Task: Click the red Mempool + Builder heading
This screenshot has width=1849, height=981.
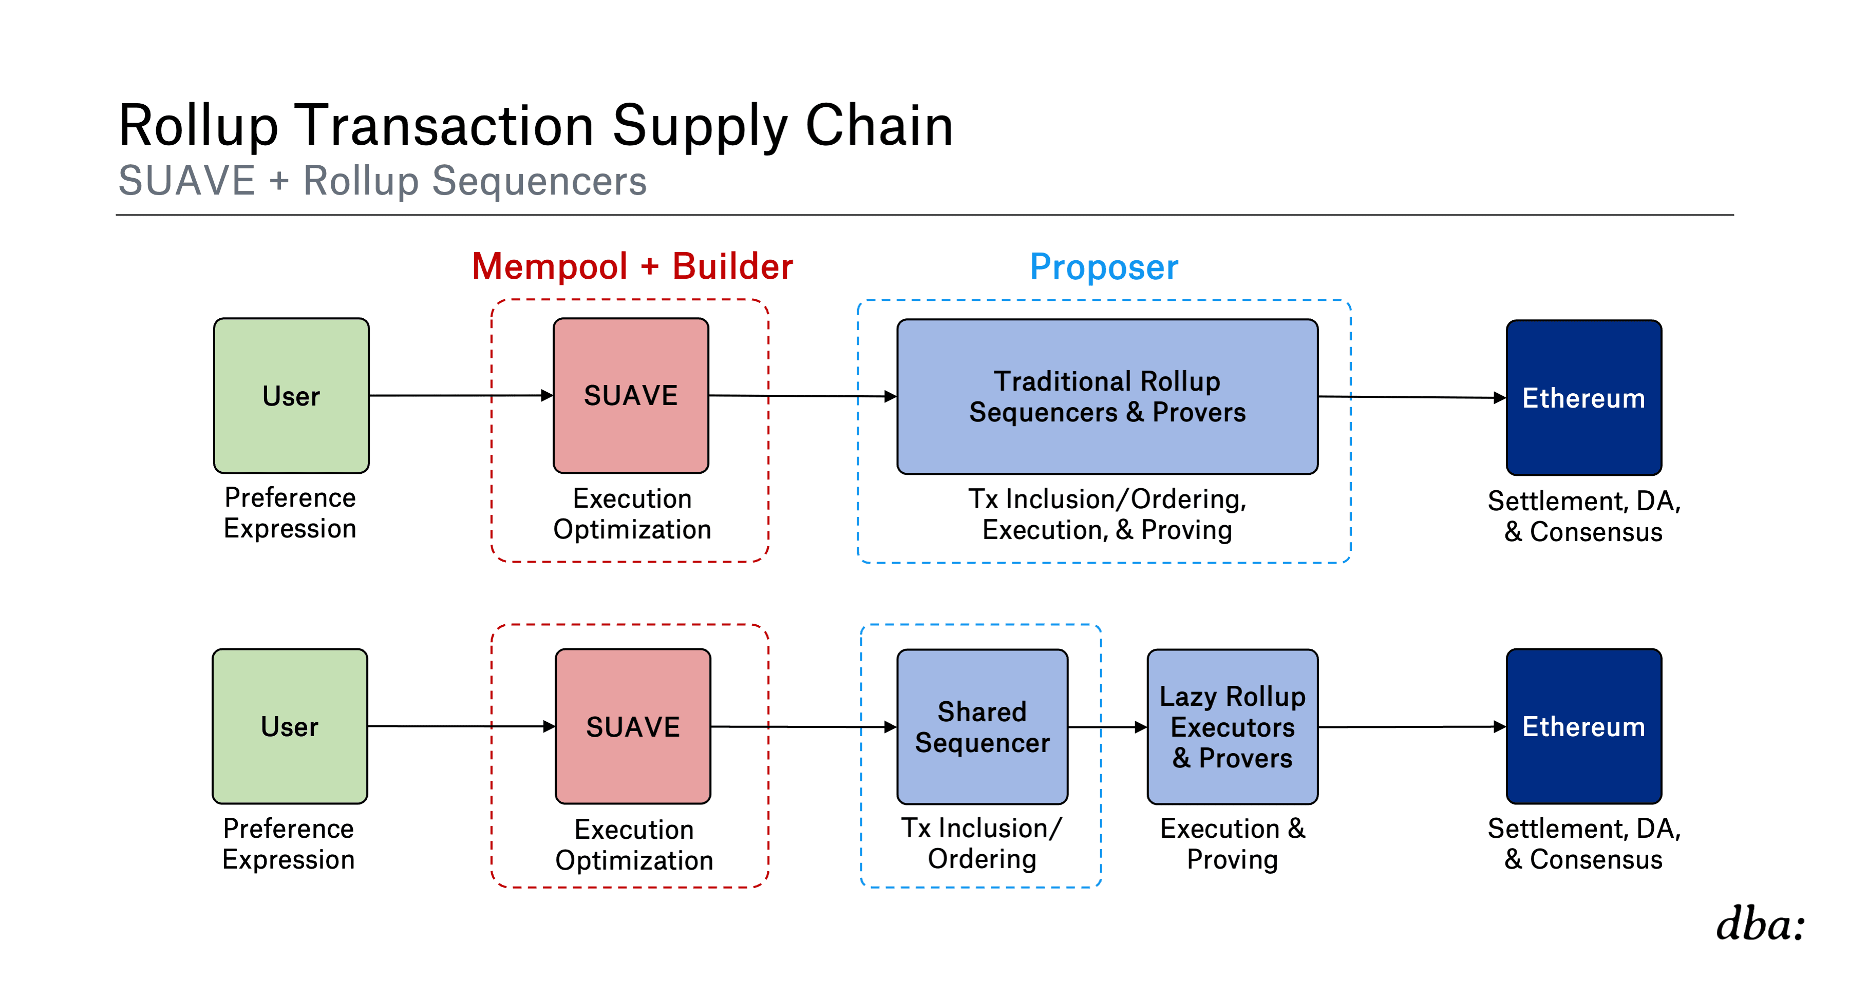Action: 632,266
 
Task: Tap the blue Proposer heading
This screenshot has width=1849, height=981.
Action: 1104,267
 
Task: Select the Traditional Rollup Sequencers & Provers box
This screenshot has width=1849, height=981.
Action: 1107,396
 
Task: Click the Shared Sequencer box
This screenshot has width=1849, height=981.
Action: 982,726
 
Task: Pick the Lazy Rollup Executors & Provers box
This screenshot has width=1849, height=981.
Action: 1233,726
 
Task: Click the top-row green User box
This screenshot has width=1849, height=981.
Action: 291,395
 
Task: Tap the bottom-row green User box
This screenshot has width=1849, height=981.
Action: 290,726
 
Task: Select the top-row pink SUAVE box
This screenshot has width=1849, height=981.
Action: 631,395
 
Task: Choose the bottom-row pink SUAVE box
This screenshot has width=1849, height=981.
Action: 633,726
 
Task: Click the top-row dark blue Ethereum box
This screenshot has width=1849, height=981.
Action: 1584,397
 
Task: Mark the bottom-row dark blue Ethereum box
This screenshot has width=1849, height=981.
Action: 1584,726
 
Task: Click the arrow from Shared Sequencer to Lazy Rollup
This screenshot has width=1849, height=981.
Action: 1107,727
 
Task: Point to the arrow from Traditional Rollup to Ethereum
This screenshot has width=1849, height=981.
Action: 1412,397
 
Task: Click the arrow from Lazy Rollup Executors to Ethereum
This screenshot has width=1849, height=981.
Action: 1412,727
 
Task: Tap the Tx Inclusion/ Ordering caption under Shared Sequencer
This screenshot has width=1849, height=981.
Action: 982,843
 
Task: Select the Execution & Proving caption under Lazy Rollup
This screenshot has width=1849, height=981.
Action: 1233,844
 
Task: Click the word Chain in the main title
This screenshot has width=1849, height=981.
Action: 879,126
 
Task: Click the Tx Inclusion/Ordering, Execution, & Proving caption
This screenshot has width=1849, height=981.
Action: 1107,514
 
